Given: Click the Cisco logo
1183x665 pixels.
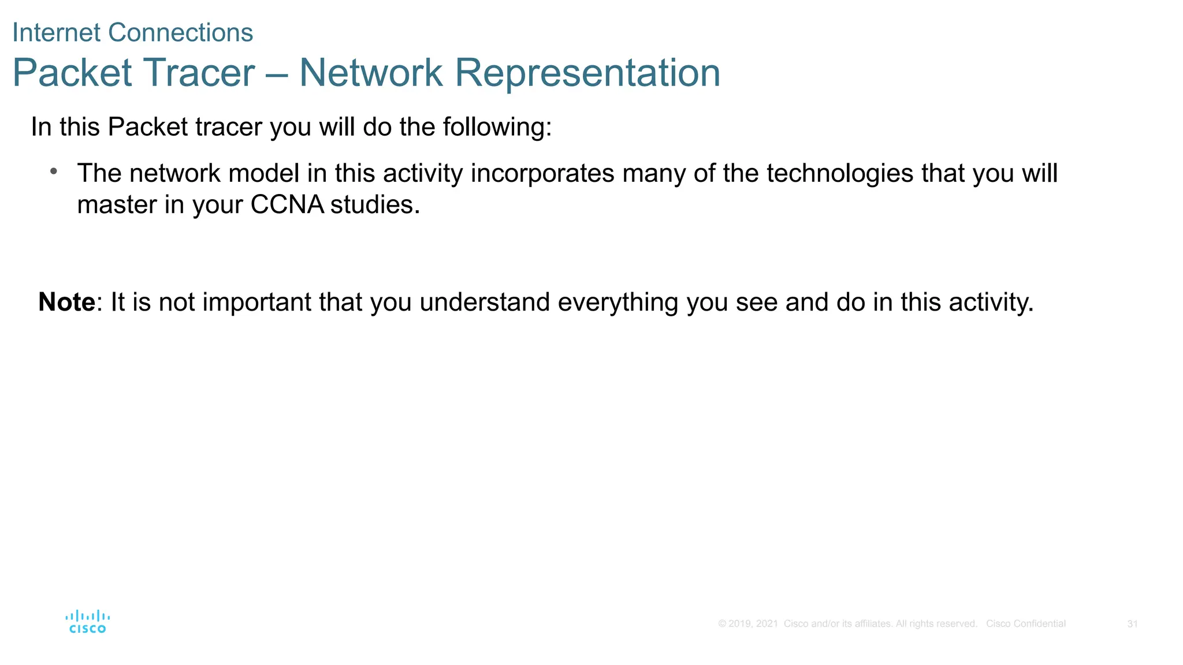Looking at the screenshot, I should [x=87, y=622].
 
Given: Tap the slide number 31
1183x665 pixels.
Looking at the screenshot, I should [x=1132, y=624].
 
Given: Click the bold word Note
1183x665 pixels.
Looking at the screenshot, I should [x=66, y=302].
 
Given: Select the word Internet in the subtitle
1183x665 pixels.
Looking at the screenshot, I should [x=57, y=33].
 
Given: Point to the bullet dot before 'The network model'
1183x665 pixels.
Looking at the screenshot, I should [x=54, y=171].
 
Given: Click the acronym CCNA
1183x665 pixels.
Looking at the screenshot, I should [x=287, y=204].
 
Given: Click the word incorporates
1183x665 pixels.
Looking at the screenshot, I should [x=542, y=174].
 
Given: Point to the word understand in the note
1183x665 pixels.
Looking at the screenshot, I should [x=484, y=302].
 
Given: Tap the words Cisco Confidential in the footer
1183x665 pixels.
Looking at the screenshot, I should [x=1025, y=624].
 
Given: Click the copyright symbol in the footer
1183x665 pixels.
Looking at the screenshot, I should [x=722, y=624].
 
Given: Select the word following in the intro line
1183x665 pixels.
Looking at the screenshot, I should [x=497, y=128].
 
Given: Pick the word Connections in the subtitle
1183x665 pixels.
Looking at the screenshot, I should [x=180, y=33].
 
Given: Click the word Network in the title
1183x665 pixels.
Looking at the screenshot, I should [x=371, y=73].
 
